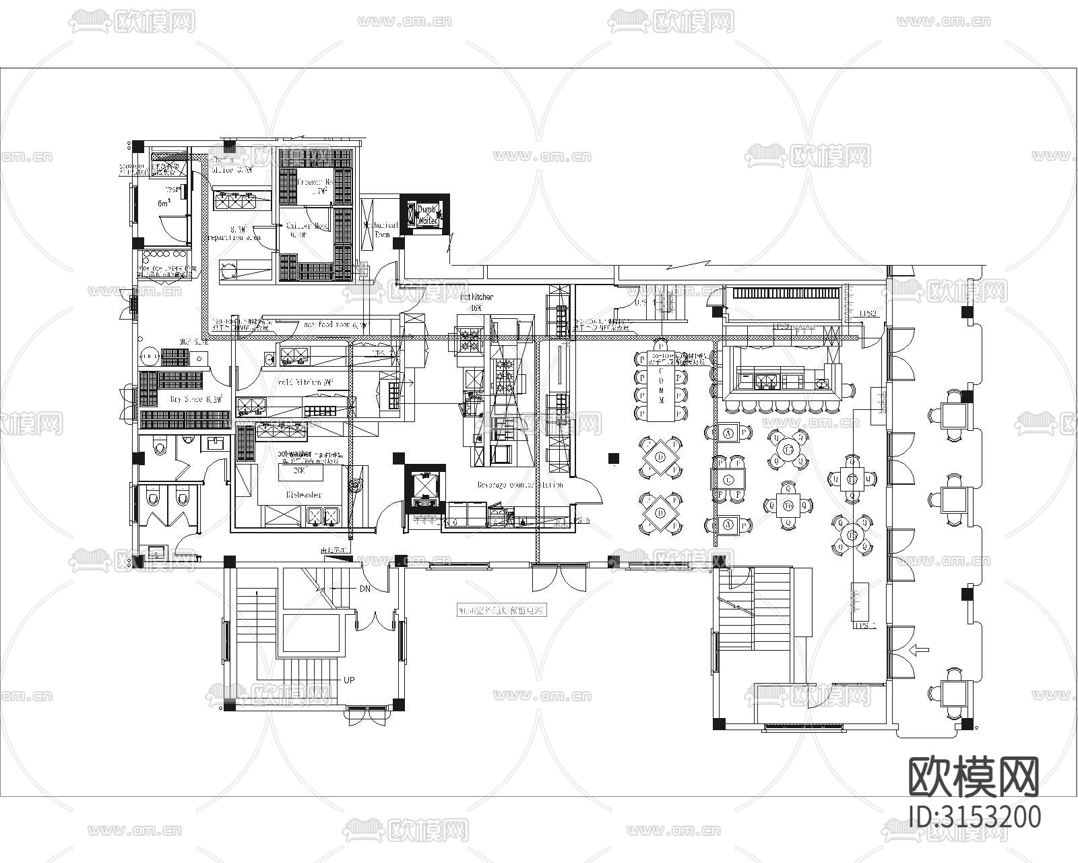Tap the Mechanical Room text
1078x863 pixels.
click(381, 229)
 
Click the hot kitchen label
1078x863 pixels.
click(476, 297)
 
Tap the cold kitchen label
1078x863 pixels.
click(306, 382)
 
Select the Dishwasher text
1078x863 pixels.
click(304, 495)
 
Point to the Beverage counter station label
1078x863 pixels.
click(519, 485)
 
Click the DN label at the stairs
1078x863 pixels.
click(364, 589)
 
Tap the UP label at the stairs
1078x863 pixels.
click(349, 680)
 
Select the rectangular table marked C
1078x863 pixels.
click(728, 479)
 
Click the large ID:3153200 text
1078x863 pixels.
click(974, 816)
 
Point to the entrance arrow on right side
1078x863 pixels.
click(918, 651)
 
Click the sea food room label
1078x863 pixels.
click(335, 325)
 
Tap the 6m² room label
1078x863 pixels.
click(164, 203)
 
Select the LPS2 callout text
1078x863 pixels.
click(868, 314)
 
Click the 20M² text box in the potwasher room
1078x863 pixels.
click(301, 471)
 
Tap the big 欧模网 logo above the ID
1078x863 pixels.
click(974, 777)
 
